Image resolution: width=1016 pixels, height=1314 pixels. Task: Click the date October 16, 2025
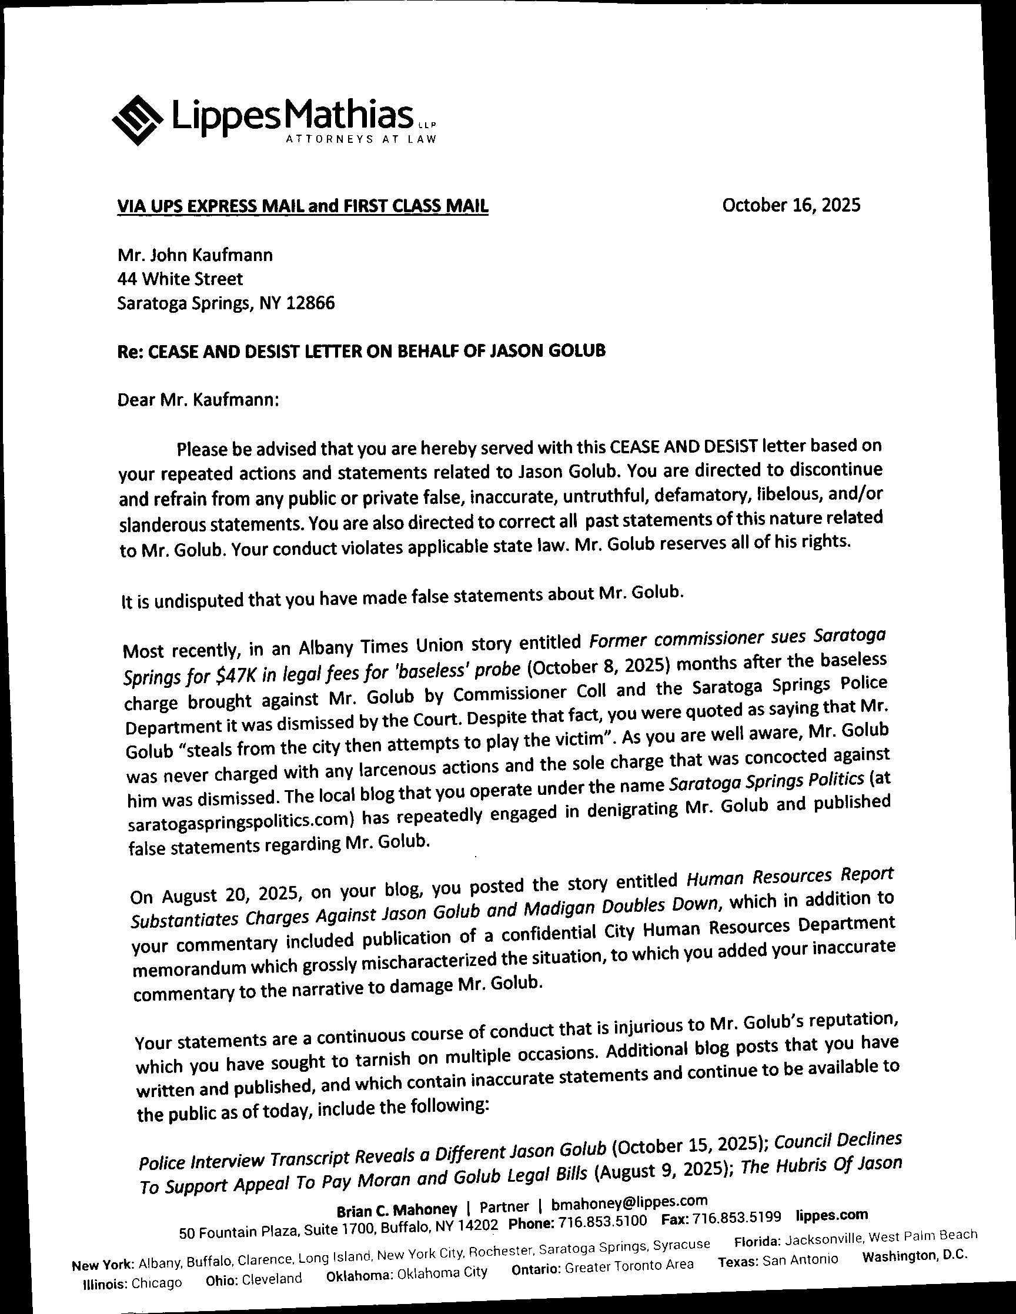791,206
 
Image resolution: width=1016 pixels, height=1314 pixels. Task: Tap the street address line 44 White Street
181,279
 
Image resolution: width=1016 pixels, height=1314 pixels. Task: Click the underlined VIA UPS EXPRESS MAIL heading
303,206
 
